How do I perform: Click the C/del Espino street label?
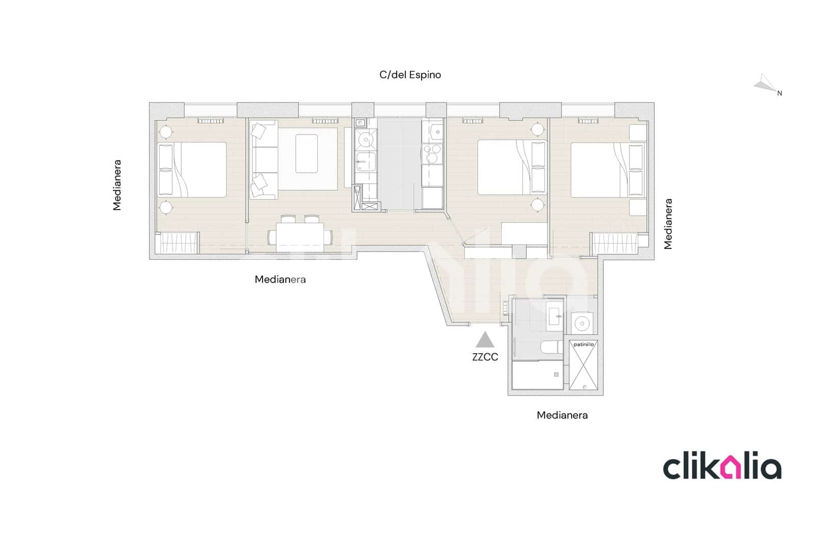410,75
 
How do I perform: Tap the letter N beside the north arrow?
779,93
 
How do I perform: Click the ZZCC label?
485,357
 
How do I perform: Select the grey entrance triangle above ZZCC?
485,340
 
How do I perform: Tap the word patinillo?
583,344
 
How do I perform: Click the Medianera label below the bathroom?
562,415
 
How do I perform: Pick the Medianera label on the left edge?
117,185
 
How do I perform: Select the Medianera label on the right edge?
668,224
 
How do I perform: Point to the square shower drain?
556,375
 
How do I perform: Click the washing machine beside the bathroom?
581,323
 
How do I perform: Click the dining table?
300,236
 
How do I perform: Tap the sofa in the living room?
264,159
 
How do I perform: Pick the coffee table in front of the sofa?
307,153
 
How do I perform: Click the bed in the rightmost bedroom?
607,169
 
